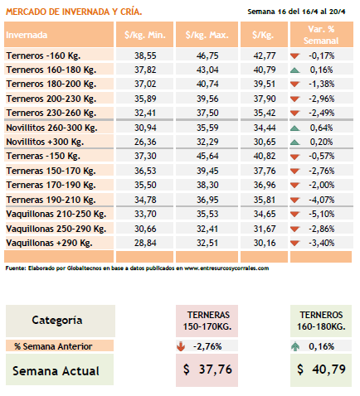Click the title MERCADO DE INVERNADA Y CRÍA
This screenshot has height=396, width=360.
coord(74,12)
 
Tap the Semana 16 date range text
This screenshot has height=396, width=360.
coord(296,12)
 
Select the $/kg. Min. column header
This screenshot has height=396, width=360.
coord(144,35)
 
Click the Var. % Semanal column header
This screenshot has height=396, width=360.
coord(321,35)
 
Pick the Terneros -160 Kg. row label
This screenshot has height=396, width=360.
coord(43,56)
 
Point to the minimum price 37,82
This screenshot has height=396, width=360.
coord(145,70)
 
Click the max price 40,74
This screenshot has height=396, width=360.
coord(207,84)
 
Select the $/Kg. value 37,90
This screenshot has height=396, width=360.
coord(265,99)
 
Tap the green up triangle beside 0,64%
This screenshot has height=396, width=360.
coord(295,128)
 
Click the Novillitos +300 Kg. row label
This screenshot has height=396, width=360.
coord(45,142)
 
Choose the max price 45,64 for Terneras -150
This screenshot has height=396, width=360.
coord(207,156)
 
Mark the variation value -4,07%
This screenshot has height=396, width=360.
coord(321,200)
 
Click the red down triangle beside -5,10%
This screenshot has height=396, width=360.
coord(295,214)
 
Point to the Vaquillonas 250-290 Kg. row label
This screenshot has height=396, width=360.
coord(56,229)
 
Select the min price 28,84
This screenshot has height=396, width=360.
coord(145,243)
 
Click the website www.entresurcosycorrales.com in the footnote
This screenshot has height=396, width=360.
coord(226,268)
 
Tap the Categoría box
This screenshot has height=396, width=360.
coord(61,321)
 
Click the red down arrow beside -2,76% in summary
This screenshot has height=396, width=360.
coord(181,346)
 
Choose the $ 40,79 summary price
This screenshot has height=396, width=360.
coord(321,369)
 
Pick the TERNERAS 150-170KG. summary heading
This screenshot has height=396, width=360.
coord(207,321)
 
